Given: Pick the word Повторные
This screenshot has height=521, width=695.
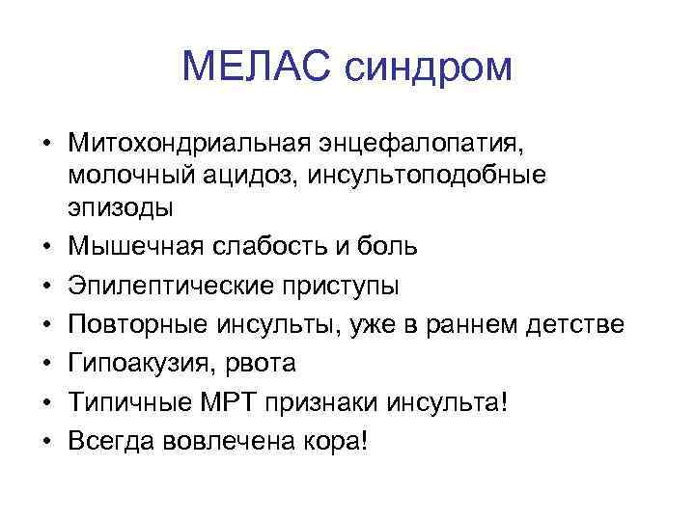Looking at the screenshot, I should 125,325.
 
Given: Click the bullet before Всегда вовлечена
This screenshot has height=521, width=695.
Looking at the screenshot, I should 44,441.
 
